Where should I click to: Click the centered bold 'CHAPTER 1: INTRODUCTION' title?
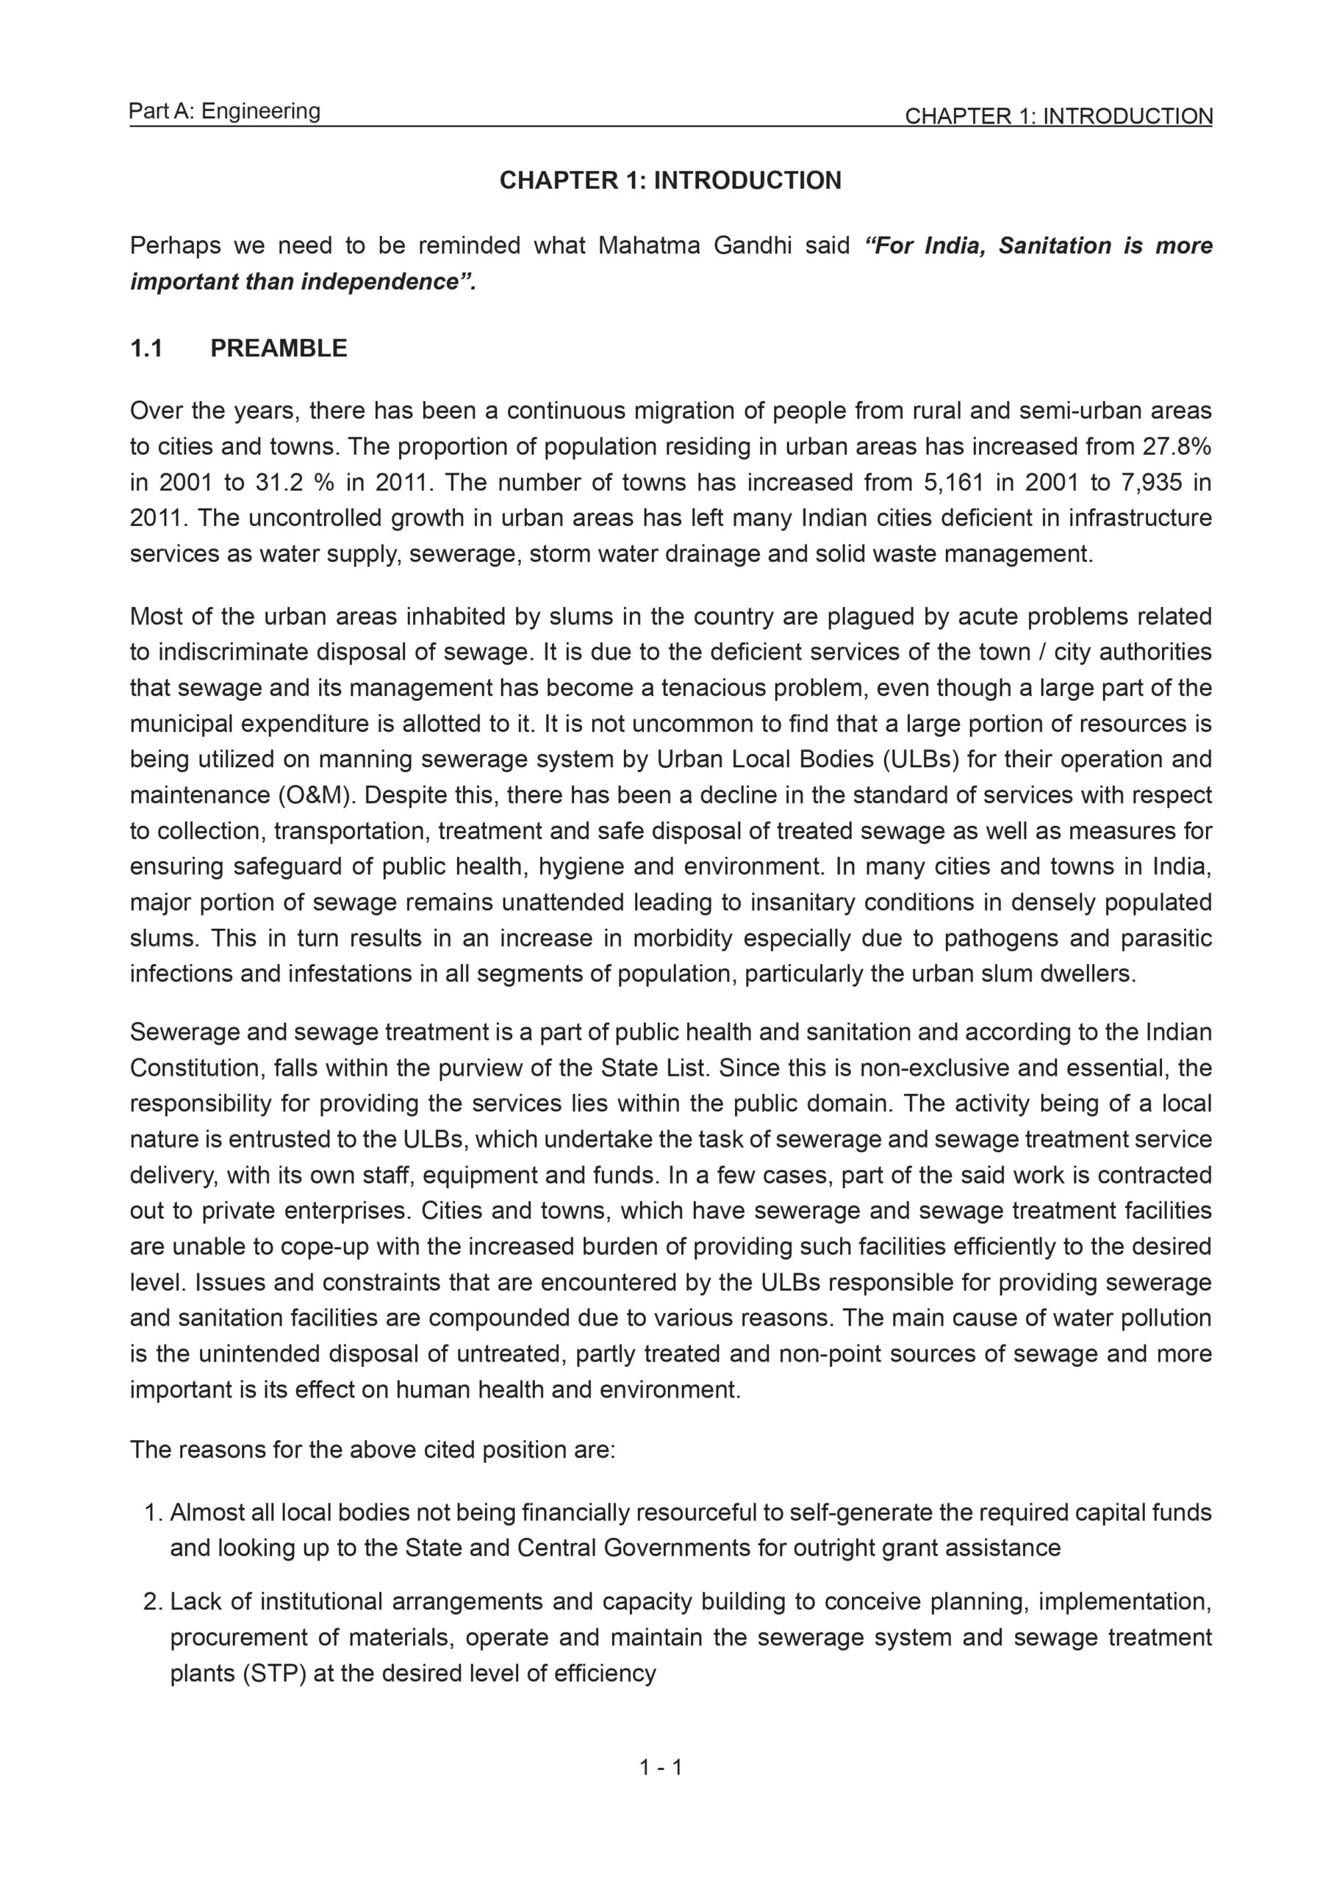pyautogui.click(x=670, y=180)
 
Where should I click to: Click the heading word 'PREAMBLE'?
pyautogui.click(x=279, y=348)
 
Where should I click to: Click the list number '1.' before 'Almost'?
pyautogui.click(x=154, y=1512)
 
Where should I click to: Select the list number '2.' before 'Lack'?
pyautogui.click(x=154, y=1601)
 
